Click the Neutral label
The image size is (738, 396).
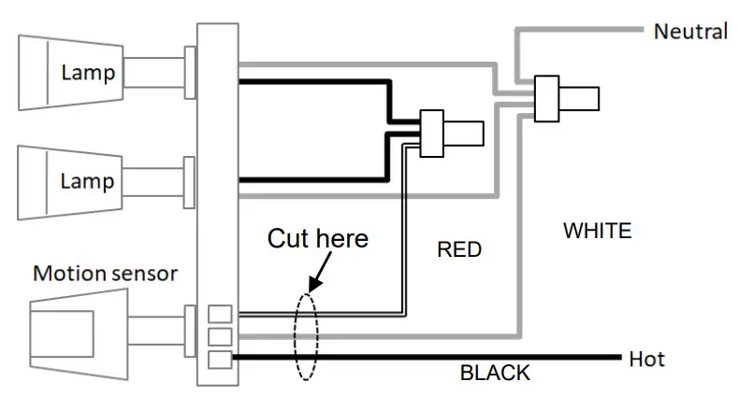(690, 32)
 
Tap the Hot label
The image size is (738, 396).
(646, 359)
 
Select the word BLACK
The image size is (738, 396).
(495, 373)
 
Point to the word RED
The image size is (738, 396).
(459, 249)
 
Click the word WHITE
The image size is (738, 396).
(598, 231)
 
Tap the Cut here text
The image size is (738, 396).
(318, 238)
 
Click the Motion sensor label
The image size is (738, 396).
(106, 274)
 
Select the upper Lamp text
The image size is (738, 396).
(88, 73)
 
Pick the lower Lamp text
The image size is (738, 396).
(87, 181)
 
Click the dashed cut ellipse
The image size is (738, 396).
(295, 336)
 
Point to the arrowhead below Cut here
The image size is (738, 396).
(314, 284)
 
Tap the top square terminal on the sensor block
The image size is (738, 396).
(220, 314)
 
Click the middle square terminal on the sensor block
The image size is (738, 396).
(220, 337)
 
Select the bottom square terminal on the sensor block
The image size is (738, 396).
(220, 360)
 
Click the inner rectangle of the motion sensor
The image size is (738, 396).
(62, 333)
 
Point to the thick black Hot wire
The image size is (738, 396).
(427, 358)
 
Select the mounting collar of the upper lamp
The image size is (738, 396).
(190, 72)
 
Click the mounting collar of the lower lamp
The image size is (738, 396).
(189, 182)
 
